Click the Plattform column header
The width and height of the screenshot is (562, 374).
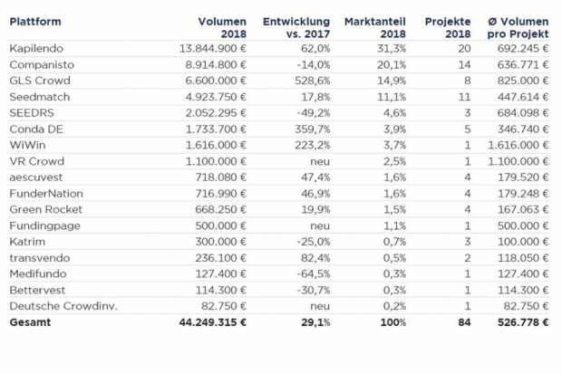tap(35, 22)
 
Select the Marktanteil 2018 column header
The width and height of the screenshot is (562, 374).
tap(375, 27)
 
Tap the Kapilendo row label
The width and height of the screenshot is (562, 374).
tap(36, 48)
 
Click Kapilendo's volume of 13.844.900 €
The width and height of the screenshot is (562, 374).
tap(213, 48)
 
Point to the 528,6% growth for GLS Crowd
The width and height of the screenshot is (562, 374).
tap(312, 81)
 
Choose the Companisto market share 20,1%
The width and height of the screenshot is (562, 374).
tap(392, 64)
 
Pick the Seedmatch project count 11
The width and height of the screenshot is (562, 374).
tap(464, 97)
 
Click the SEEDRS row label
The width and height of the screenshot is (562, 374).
tap(32, 113)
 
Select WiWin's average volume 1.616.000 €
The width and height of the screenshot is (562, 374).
tap(518, 145)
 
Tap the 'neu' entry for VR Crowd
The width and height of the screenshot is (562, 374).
tap(320, 161)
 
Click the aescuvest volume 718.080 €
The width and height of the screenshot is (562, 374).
tap(221, 177)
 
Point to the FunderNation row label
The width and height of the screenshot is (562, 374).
tap(46, 194)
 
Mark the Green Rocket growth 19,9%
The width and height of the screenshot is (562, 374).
tap(315, 209)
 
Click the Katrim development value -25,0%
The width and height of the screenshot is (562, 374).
tap(314, 242)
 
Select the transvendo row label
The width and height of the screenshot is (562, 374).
tap(40, 258)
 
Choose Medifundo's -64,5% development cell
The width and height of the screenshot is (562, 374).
tap(314, 274)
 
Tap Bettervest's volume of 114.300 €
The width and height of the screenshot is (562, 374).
tap(221, 290)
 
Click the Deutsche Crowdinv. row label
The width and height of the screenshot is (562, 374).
tap(63, 306)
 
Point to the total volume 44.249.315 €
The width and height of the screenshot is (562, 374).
tap(213, 322)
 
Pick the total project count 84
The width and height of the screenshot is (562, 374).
tap(464, 322)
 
